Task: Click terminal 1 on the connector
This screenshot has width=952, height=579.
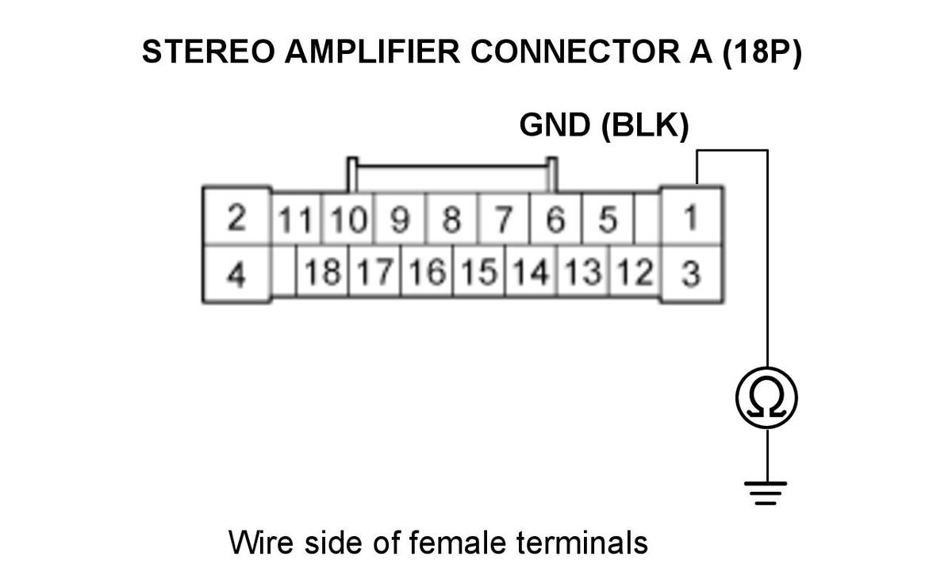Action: pyautogui.click(x=692, y=217)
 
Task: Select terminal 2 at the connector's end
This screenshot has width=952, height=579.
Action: pyautogui.click(x=236, y=217)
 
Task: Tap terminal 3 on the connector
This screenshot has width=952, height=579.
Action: pyautogui.click(x=692, y=274)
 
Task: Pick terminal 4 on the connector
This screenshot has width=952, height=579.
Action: pyautogui.click(x=236, y=274)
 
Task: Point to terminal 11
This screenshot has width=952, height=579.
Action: pyautogui.click(x=296, y=219)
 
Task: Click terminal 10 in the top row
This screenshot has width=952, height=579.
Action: pyautogui.click(x=347, y=219)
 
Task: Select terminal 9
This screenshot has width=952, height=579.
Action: pyautogui.click(x=400, y=219)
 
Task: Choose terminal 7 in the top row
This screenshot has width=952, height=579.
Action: pyautogui.click(x=504, y=219)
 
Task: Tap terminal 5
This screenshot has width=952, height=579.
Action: pyautogui.click(x=608, y=219)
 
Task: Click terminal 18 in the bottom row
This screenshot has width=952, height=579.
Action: pyautogui.click(x=323, y=271)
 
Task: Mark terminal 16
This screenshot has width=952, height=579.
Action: pyautogui.click(x=427, y=271)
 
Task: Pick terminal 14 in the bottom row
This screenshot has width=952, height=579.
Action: pyautogui.click(x=531, y=271)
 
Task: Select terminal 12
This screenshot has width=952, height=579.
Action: pyautogui.click(x=635, y=271)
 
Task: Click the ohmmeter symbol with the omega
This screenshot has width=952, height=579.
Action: pyautogui.click(x=767, y=398)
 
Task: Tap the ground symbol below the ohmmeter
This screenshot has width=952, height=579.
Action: pyautogui.click(x=766, y=493)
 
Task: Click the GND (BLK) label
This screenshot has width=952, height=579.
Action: pyautogui.click(x=604, y=125)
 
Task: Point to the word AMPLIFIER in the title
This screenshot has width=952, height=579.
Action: pyautogui.click(x=372, y=52)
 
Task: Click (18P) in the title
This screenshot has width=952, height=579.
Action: pyautogui.click(x=762, y=52)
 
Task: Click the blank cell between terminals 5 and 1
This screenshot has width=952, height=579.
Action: pyautogui.click(x=647, y=219)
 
